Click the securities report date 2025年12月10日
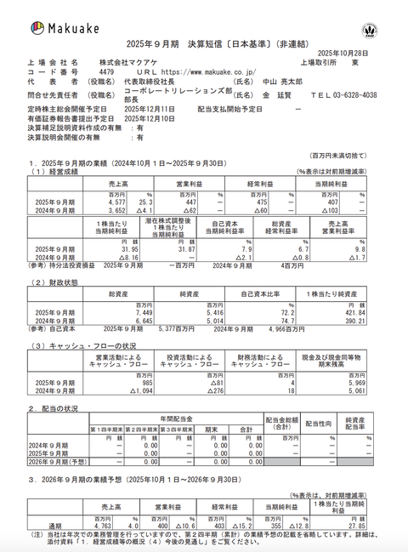click(150, 119)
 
